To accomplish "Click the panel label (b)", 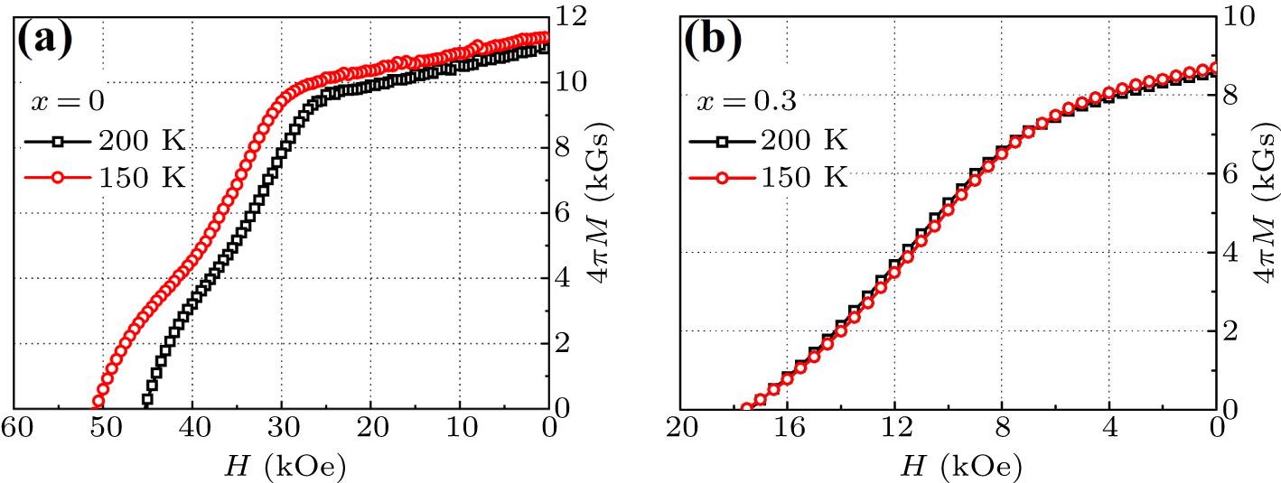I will click(713, 39).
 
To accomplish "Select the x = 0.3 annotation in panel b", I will click(745, 101).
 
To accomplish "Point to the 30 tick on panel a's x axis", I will click(282, 427).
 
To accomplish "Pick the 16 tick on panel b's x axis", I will click(787, 427).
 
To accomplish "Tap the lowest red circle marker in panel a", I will click(98, 403).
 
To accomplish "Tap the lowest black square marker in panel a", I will click(146, 398).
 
